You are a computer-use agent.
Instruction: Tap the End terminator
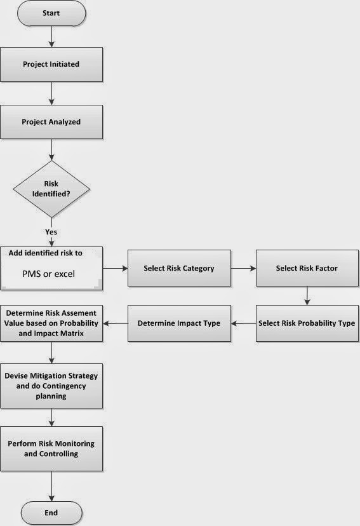click(51, 512)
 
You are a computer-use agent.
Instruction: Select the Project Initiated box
click(51, 64)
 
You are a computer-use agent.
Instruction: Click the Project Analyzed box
click(51, 121)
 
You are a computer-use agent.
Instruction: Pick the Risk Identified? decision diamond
click(51, 189)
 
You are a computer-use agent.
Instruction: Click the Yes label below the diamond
click(51, 233)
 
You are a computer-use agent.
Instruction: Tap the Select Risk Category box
click(178, 268)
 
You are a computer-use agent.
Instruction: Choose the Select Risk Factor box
click(306, 268)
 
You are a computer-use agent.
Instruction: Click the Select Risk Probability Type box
click(306, 323)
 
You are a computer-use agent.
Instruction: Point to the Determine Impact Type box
click(178, 323)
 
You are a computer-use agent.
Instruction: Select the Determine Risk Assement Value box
click(51, 323)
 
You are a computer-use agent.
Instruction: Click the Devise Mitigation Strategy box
click(51, 386)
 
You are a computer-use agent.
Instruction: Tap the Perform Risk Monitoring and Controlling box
click(51, 449)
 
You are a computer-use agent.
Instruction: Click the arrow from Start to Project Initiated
click(51, 36)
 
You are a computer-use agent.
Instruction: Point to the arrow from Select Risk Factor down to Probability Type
click(307, 296)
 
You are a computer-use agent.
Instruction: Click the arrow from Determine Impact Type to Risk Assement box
click(116, 323)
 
